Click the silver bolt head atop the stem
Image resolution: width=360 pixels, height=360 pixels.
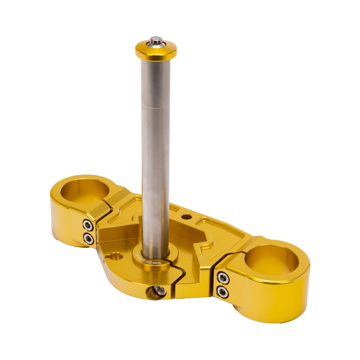[156, 40]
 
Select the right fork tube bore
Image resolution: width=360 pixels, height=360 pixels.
[272, 260]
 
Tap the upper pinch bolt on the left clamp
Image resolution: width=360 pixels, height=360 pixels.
[88, 225]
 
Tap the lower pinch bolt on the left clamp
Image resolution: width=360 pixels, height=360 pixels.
[89, 238]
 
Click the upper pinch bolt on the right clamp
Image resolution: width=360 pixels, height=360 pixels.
[223, 278]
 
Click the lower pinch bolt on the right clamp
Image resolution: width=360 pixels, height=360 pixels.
[223, 291]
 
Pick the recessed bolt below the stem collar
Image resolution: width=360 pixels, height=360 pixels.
[160, 291]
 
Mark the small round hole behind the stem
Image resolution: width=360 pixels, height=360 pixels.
[186, 217]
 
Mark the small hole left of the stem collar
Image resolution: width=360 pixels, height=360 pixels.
[115, 257]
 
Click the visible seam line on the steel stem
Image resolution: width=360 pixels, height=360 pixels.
[156, 105]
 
